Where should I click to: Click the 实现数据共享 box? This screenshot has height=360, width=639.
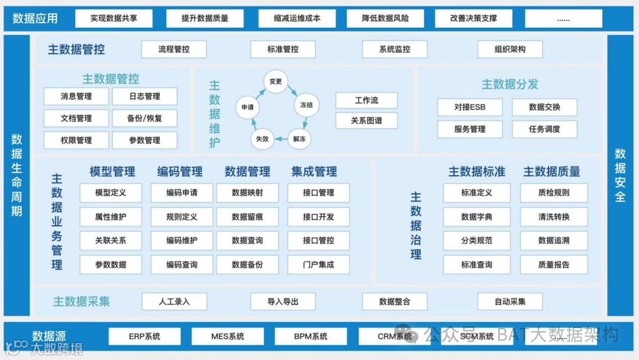click(114, 18)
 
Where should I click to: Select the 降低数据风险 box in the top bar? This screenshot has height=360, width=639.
click(385, 18)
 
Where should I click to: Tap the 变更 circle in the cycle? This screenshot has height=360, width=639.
click(275, 82)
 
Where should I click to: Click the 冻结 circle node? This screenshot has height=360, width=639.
click(306, 105)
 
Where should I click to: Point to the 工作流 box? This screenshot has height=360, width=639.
click(366, 101)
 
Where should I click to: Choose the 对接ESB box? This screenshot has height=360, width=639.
click(470, 107)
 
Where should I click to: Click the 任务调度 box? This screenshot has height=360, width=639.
click(544, 129)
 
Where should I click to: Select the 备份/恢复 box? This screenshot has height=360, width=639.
click(144, 118)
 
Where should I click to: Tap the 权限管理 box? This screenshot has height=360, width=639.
click(76, 140)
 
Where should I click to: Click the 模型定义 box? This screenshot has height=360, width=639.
click(111, 193)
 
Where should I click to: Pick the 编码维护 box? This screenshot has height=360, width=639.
click(182, 241)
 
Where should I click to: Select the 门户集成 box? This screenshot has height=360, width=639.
click(318, 265)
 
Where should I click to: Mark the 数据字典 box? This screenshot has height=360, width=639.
click(476, 217)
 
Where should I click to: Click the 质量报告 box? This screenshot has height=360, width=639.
click(554, 265)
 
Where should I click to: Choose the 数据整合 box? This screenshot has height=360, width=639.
click(395, 301)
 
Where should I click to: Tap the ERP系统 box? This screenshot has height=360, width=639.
click(144, 336)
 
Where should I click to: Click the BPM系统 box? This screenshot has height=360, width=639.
click(311, 336)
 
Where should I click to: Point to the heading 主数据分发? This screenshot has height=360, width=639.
click(509, 84)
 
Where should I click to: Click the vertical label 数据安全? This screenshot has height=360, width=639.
click(620, 175)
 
